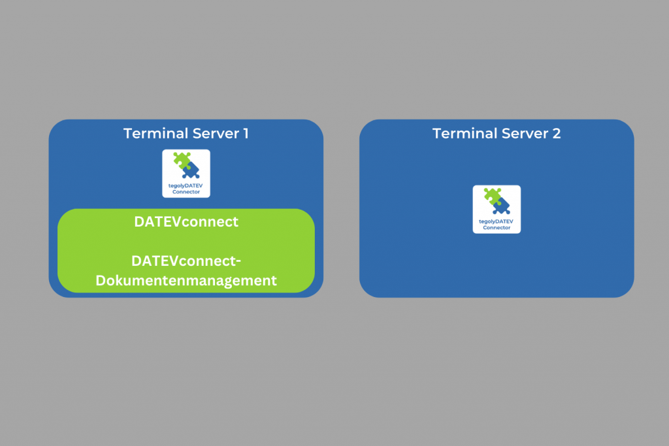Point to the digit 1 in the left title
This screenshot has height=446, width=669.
[246, 134]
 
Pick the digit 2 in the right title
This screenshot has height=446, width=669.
[556, 134]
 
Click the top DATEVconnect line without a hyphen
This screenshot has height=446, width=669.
[186, 222]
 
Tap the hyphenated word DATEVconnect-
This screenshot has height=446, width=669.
[186, 261]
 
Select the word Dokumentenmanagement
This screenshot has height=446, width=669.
[186, 281]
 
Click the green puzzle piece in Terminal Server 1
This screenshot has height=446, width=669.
[181, 161]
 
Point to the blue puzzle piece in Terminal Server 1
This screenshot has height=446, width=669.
[191, 170]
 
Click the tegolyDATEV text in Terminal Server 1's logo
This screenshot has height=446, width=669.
[186, 187]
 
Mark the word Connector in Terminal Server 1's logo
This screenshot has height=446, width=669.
[186, 192]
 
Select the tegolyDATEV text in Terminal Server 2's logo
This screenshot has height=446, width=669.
[497, 222]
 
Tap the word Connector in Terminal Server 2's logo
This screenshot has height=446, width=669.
[497, 228]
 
